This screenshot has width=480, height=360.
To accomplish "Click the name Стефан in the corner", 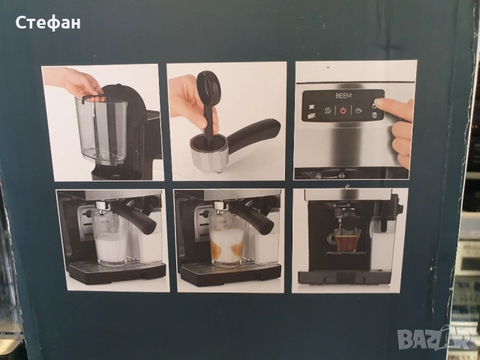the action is click(48, 23).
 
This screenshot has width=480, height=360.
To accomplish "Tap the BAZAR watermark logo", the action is click(435, 338).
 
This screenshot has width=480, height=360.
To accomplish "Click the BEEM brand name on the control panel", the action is click(343, 95).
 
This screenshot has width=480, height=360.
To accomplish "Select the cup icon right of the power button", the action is click(358, 110).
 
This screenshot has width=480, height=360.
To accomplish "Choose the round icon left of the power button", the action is click(328, 110).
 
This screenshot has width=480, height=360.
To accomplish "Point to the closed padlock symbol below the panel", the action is click(341, 175).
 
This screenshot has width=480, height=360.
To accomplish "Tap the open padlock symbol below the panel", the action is click(319, 175).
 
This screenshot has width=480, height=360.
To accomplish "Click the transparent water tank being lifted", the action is click(102, 130).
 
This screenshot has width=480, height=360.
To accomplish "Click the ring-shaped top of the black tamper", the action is click(208, 84).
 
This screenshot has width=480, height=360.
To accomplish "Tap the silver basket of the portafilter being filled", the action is click(209, 153).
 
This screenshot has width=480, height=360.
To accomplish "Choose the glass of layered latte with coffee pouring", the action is click(226, 241).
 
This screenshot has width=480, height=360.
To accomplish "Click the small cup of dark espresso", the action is click(346, 240).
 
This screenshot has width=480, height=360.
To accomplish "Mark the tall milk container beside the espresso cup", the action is click(382, 244).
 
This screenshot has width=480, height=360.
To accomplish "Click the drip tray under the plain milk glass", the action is click(117, 271).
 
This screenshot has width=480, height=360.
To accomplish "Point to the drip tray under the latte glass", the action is click(230, 274).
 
